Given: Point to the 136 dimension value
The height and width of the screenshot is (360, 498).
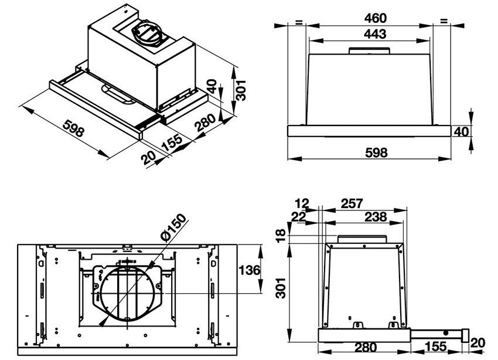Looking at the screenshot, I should pos(250,270).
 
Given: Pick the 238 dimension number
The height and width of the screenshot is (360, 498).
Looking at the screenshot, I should pos(375,217).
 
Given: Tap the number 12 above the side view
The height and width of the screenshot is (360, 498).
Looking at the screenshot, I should pos(302,203).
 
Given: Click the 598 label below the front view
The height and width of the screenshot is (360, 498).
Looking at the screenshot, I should pos(376,153).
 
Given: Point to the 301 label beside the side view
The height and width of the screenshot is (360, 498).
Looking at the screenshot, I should pos(282,288).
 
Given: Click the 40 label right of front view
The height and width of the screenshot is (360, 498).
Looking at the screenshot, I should pos(462,132).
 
